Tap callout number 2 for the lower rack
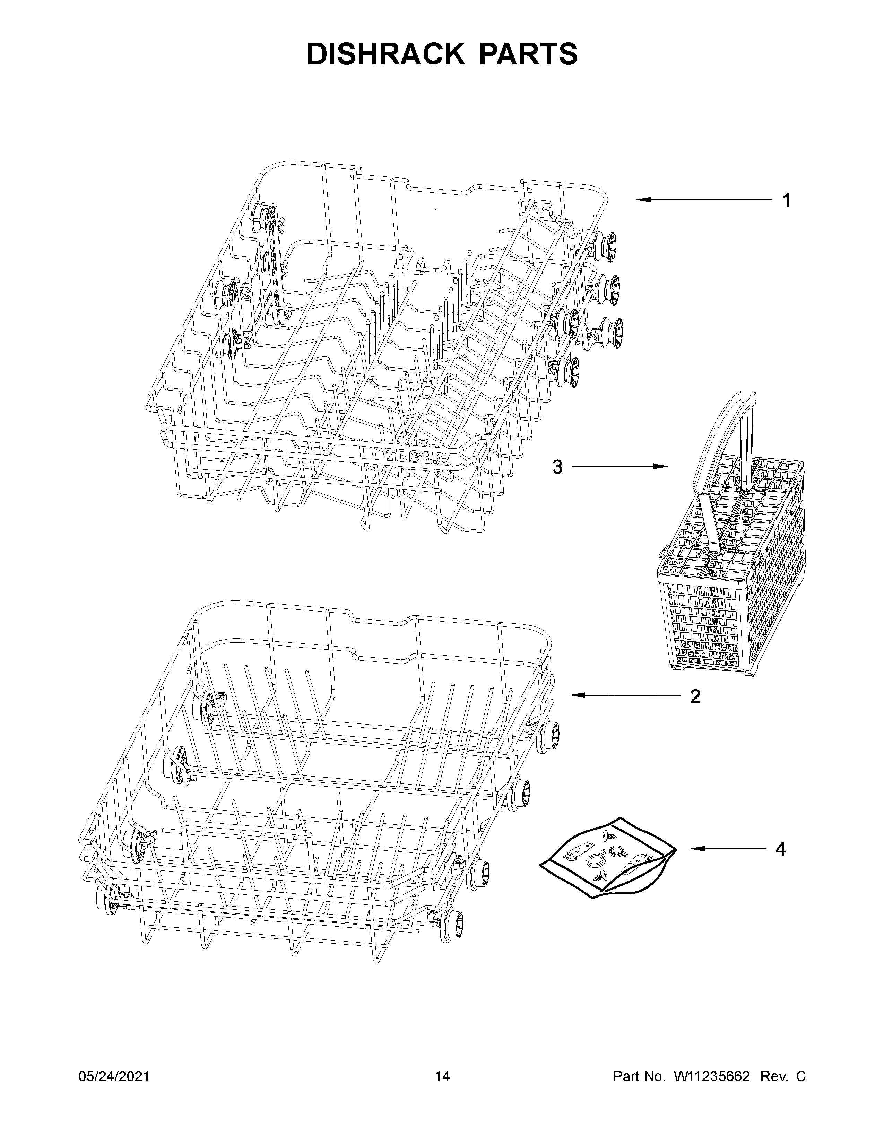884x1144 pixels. (x=695, y=696)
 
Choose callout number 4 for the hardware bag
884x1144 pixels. (x=780, y=849)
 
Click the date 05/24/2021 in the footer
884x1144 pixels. (x=114, y=1076)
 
